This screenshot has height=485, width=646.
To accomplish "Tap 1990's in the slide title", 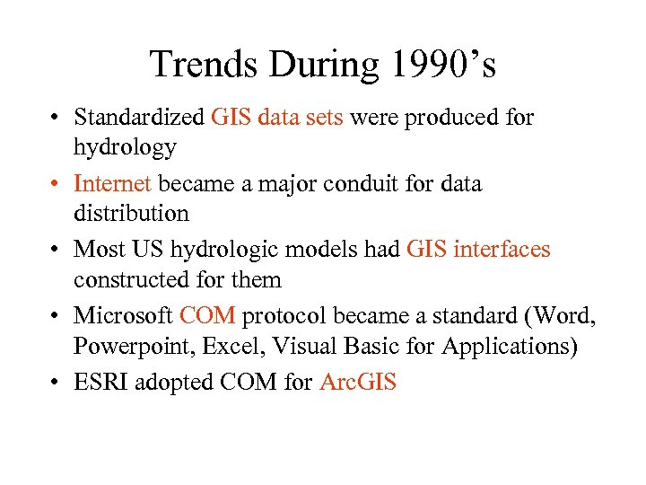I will tap(443, 65).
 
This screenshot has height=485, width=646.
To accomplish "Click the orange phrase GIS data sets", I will tap(277, 118).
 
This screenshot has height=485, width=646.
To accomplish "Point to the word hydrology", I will tap(125, 147).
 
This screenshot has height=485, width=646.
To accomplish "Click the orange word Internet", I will tap(113, 184).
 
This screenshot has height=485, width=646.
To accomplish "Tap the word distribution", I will tap(131, 214).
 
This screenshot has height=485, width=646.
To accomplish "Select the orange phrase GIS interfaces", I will tap(478, 250).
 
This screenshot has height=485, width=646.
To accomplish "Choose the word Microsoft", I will tap(123, 316).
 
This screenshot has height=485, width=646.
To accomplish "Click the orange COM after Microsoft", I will tap(207, 316).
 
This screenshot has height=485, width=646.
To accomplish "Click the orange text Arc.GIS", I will tap(358, 383).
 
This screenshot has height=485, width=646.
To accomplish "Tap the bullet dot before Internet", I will tap(56, 185).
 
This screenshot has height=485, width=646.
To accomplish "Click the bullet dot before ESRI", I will tap(56, 384).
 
